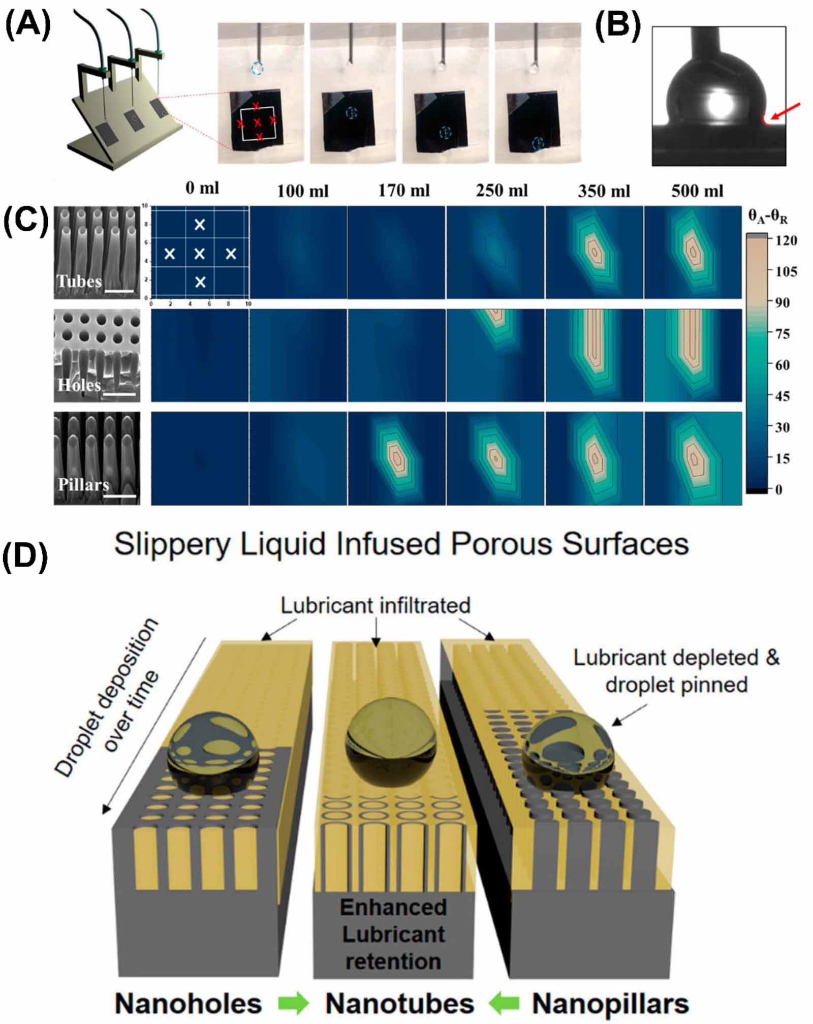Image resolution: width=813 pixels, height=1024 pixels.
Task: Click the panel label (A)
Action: (x=27, y=24)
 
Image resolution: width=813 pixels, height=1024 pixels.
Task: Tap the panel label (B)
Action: (x=617, y=24)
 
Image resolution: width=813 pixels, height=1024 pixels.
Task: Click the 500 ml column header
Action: (x=697, y=191)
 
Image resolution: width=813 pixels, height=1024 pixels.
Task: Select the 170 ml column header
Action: (x=403, y=191)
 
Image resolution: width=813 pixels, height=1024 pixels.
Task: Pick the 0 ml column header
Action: (x=202, y=188)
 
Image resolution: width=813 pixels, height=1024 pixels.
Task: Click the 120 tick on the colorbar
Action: (x=786, y=240)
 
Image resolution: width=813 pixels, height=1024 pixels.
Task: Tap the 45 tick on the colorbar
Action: (x=783, y=396)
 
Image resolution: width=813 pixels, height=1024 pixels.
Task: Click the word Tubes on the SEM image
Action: (x=79, y=281)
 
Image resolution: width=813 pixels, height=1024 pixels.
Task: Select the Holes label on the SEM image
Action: (x=79, y=385)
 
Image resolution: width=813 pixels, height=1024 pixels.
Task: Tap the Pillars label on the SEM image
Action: (x=83, y=484)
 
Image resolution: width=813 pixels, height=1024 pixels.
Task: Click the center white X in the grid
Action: (x=200, y=254)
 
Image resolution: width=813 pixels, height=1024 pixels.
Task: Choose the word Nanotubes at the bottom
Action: (x=399, y=1004)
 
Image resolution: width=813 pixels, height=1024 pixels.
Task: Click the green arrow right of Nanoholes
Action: (x=293, y=1004)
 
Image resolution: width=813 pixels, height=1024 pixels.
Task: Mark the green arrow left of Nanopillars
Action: (x=503, y=1004)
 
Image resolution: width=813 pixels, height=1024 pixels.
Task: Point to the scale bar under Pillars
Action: (x=122, y=496)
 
